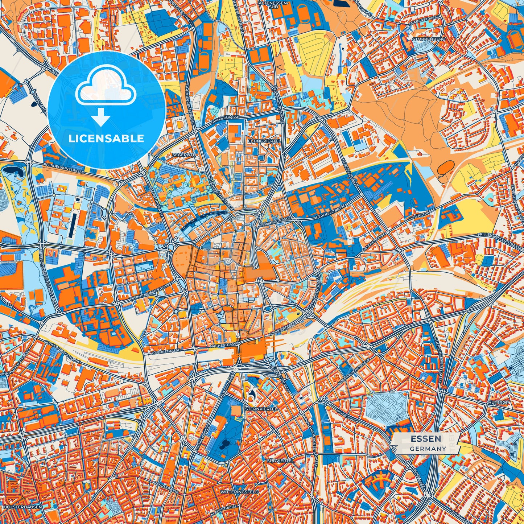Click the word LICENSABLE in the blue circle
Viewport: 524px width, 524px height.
coord(107,139)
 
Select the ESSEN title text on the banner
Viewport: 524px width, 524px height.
coord(426,439)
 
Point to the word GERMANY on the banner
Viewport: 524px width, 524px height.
coord(428,449)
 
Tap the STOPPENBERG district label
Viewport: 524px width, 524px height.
coord(428,39)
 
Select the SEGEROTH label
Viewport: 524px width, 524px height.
coord(187,154)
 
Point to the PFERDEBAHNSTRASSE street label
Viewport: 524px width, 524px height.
coord(63,169)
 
